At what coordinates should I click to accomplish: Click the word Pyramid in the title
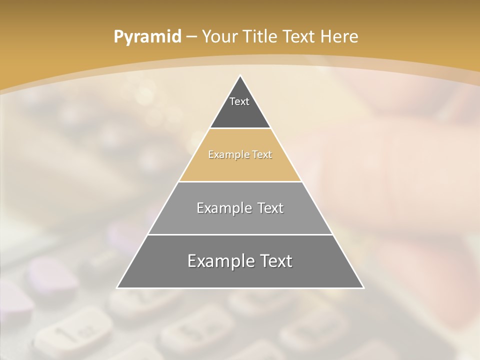pos(147,37)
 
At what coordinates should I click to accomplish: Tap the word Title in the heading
pos(260,37)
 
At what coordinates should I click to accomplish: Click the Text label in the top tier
pos(239,101)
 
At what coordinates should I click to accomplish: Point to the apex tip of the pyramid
pos(240,75)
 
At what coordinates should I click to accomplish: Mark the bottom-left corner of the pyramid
pos(117,287)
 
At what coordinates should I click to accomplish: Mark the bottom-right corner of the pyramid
pos(363,287)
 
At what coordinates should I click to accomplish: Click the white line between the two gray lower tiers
pos(240,234)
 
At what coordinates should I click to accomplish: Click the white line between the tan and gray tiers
pos(240,181)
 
